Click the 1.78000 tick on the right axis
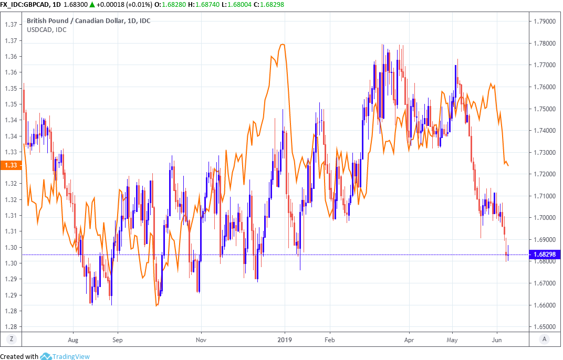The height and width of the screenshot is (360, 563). pos(544,43)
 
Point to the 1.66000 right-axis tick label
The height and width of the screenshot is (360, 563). pos(544,305)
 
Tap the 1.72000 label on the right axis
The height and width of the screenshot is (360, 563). pos(544,174)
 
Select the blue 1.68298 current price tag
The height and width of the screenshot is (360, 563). pos(545,255)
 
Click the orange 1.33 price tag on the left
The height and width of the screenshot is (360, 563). pos(10,165)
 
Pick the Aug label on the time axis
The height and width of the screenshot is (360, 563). pos(73,339)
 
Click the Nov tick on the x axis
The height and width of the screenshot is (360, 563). pos(201,339)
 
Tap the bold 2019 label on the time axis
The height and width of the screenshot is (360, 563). pos(284,339)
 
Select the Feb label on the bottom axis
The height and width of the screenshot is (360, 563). pos(329,339)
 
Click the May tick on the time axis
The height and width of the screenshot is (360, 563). pos(453,339)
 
